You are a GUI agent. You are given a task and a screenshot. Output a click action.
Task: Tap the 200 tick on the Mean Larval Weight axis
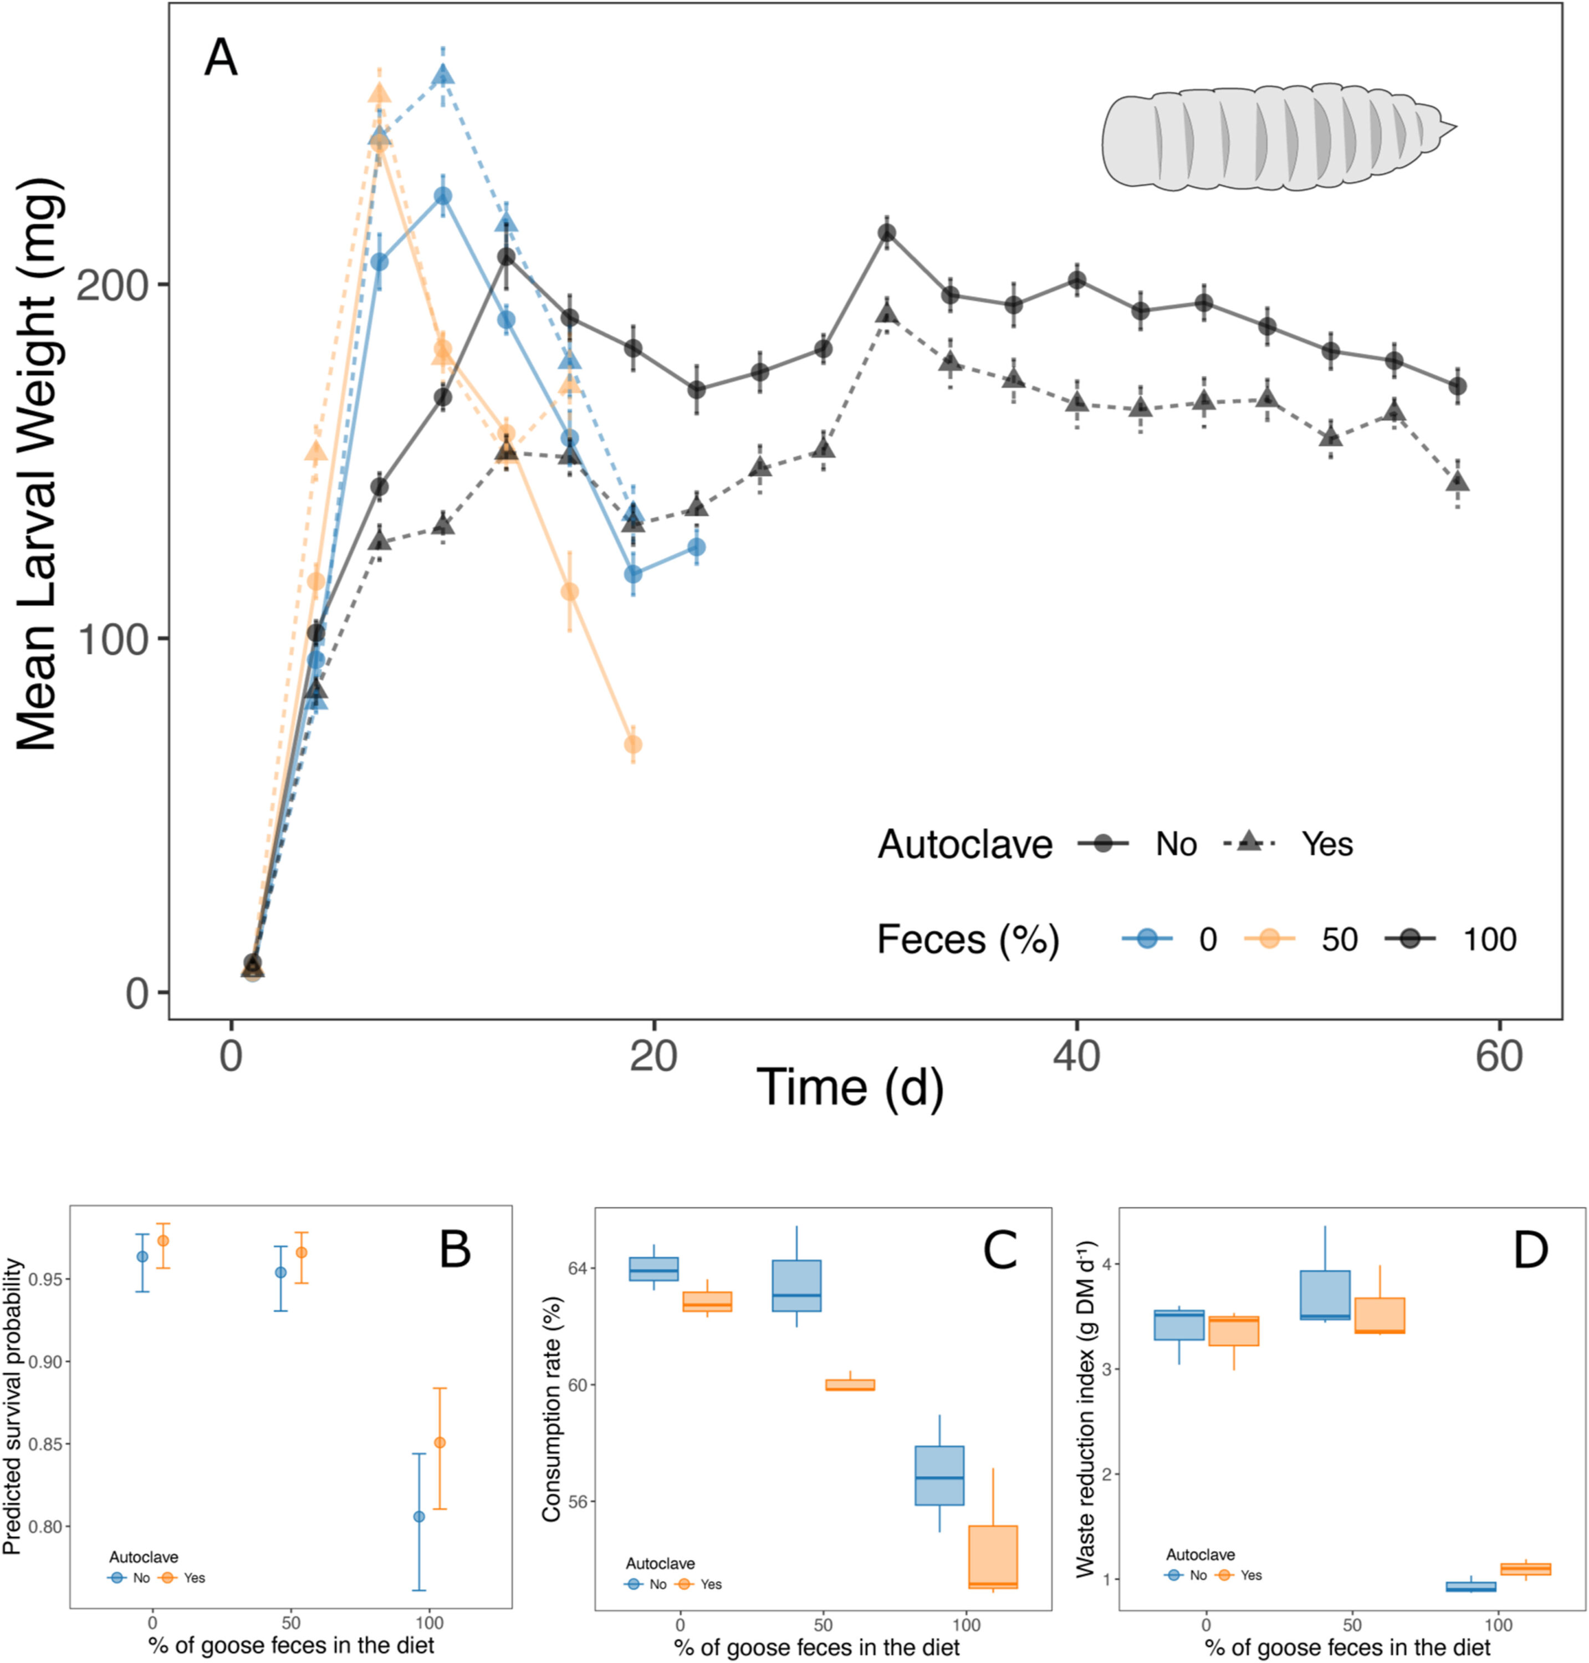[112, 284]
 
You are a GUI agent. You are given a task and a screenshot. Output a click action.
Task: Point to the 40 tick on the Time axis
[1076, 1057]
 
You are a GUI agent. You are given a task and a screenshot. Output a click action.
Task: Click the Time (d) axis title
[850, 1089]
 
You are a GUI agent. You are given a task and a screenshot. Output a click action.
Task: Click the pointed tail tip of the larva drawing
[1455, 129]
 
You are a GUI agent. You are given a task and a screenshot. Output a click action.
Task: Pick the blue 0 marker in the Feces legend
[1147, 938]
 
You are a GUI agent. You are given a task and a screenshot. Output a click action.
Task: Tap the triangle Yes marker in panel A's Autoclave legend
[1248, 842]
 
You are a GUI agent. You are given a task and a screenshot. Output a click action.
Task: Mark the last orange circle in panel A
[633, 744]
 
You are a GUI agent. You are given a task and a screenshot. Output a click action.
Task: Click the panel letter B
[455, 1249]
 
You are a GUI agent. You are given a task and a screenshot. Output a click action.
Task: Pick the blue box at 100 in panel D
[1470, 1587]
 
